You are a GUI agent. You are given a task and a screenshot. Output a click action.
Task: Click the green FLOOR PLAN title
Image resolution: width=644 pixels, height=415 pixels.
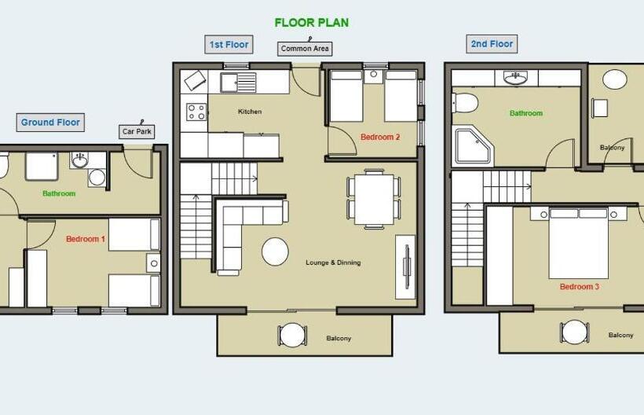[312, 23]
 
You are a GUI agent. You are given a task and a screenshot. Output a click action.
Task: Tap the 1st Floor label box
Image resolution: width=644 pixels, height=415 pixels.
[229, 44]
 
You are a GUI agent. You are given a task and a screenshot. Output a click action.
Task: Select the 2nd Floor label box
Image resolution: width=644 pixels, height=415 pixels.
[492, 44]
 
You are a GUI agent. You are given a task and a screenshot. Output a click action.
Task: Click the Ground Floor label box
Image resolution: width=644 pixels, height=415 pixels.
[50, 123]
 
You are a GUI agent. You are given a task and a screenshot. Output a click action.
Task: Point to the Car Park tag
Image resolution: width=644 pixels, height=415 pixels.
[137, 131]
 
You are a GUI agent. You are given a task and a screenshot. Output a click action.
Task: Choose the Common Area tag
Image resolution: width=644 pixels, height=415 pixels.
[305, 49]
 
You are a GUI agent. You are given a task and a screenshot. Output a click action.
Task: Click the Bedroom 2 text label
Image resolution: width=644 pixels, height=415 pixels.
[380, 138]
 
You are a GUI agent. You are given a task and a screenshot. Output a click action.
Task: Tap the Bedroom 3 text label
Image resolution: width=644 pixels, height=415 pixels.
[579, 287]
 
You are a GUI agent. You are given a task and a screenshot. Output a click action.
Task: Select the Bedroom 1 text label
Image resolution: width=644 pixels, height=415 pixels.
[86, 239]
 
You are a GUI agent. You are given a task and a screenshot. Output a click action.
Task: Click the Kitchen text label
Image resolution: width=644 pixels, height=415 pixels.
[250, 112]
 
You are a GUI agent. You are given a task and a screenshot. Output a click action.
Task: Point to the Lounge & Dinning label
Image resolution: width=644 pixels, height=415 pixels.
[333, 263]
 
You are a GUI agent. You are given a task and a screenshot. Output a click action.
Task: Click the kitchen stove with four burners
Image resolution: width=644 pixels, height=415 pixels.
[196, 112]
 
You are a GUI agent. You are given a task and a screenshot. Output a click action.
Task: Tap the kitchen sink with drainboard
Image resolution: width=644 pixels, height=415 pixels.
[238, 83]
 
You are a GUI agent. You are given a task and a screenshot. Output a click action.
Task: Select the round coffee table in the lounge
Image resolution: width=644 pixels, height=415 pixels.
[275, 252]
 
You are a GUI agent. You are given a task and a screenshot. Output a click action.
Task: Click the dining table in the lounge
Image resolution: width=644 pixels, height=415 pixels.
[374, 200]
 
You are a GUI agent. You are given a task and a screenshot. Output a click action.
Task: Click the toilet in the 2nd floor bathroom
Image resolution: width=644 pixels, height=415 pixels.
[465, 102]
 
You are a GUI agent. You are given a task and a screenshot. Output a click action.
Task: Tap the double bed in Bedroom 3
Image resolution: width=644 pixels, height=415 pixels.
[578, 243]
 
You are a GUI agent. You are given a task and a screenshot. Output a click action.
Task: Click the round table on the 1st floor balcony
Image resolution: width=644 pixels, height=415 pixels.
[292, 334]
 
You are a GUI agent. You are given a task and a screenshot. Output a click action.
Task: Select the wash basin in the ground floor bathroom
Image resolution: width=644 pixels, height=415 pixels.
[79, 160]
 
